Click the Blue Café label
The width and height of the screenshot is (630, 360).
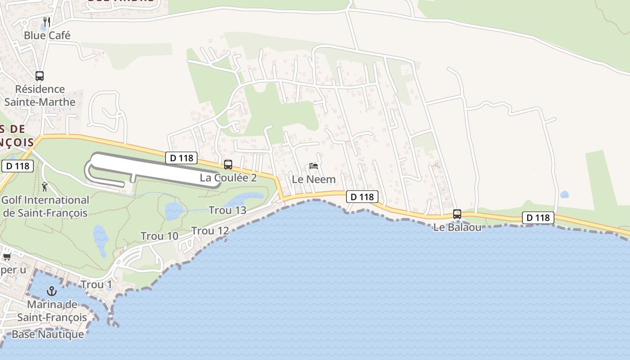(47, 35)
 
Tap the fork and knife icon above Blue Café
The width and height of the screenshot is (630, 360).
(46, 21)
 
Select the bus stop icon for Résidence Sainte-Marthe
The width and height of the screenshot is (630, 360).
(40, 76)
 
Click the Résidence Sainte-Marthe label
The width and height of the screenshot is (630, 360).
(40, 95)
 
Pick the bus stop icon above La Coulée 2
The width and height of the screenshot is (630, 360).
(228, 165)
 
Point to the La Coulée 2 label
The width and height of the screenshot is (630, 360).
(228, 178)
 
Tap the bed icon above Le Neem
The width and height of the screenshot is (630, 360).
(314, 166)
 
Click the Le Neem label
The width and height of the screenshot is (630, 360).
(314, 179)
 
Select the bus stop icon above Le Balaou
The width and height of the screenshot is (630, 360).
(457, 214)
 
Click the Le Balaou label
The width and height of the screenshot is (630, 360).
(457, 227)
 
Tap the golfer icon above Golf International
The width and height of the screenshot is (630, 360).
(45, 186)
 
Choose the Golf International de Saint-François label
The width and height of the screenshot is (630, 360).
(45, 206)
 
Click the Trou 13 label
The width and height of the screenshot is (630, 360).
(228, 210)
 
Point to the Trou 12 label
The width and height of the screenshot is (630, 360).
(210, 231)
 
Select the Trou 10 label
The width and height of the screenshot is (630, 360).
(159, 236)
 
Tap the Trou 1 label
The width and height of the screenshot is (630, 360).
(96, 284)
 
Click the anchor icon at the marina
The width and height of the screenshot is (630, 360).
(52, 291)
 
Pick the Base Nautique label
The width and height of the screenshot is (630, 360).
(48, 334)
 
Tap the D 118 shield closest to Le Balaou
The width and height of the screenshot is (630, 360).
(538, 218)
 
